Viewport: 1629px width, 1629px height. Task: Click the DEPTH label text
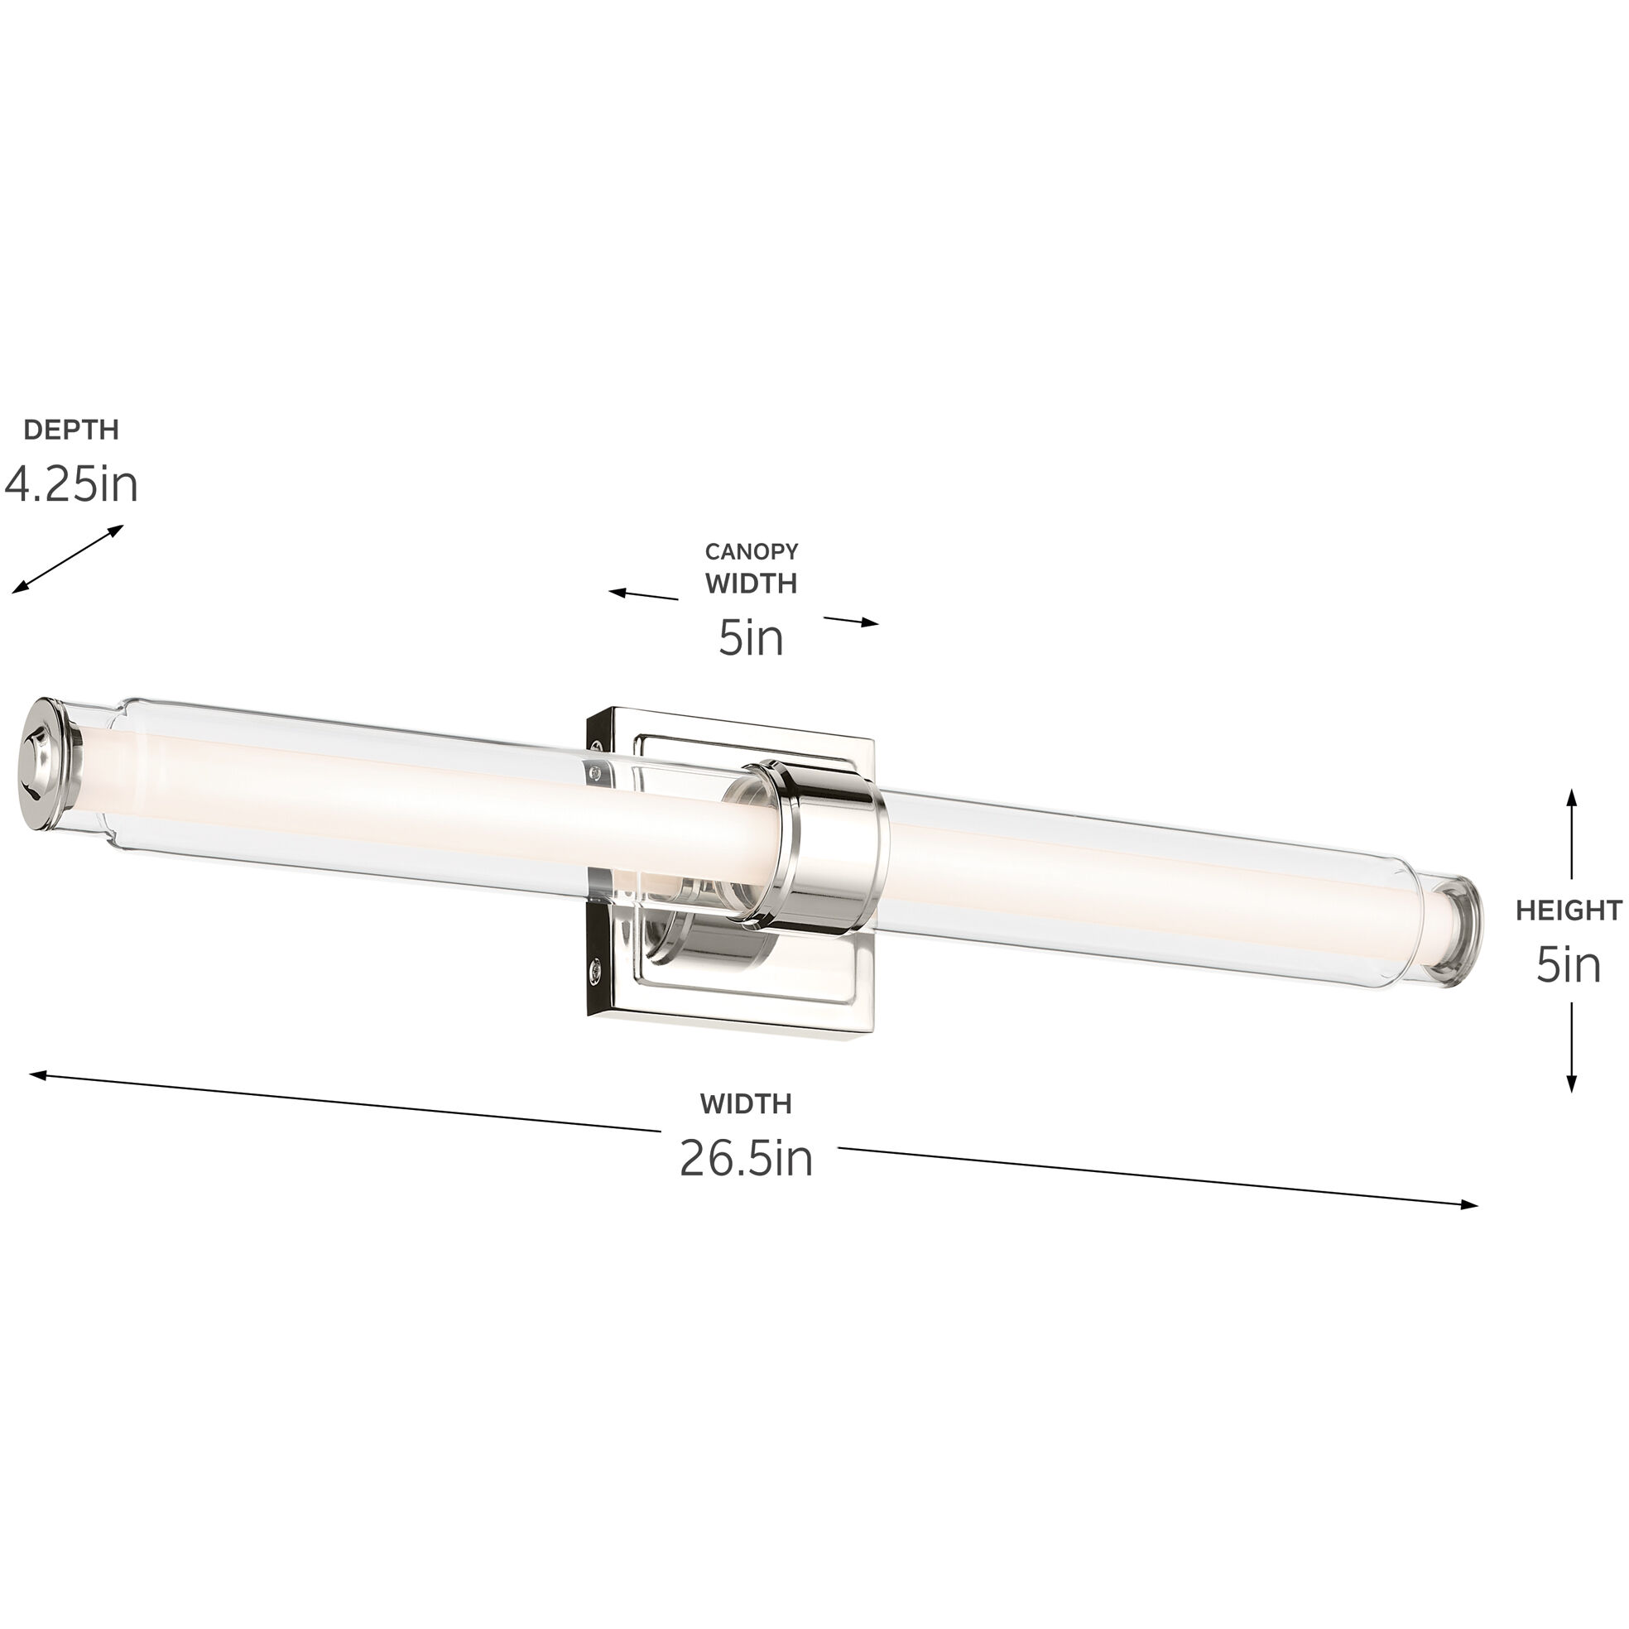tap(71, 430)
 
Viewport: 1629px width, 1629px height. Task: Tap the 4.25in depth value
tap(71, 486)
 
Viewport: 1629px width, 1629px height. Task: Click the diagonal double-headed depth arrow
tap(67, 558)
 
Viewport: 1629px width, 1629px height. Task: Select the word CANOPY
tap(752, 551)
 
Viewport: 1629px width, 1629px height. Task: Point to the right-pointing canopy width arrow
tap(852, 622)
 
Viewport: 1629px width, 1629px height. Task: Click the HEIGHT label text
tap(1569, 911)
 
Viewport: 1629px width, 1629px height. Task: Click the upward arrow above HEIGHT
tap(1572, 834)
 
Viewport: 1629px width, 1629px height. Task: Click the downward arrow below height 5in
tap(1572, 1045)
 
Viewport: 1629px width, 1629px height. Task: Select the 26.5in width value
tap(746, 1159)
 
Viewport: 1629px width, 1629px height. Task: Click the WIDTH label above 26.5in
tap(745, 1103)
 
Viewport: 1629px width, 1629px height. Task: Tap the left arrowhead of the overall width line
tap(34, 1074)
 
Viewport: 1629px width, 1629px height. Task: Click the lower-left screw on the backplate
tap(597, 969)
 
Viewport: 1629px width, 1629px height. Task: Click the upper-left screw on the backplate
tap(597, 745)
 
